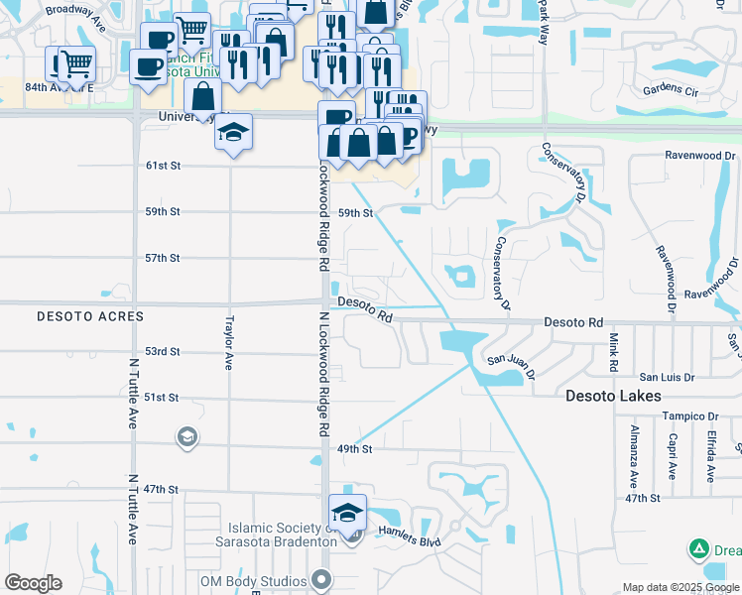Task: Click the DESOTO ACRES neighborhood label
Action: pos(90,316)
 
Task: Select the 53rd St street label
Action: pos(162,351)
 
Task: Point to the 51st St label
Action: pos(162,397)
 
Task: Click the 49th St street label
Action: pos(353,449)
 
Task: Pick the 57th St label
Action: pos(162,258)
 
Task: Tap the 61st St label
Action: pos(162,166)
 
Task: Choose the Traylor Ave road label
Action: pos(228,344)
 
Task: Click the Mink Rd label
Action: pos(614,353)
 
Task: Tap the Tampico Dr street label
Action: pos(691,416)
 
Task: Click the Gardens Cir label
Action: pos(671,90)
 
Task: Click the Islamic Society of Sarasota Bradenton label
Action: pos(276,535)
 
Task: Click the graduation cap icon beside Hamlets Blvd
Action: pos(348,513)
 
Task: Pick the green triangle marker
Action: pos(698,548)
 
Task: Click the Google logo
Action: pos(33,583)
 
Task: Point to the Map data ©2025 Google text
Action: pos(680,587)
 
